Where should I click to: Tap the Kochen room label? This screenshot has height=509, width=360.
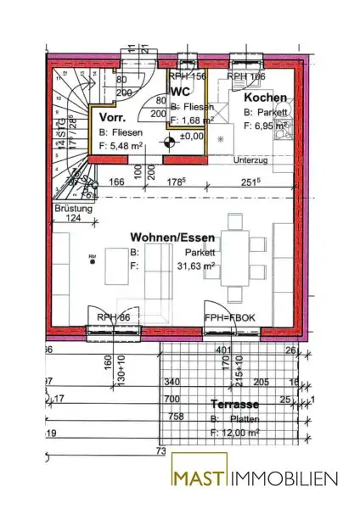(x=264, y=98)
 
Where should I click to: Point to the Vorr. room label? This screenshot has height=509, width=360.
(x=113, y=117)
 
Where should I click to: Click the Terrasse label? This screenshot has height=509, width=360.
(x=234, y=405)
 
